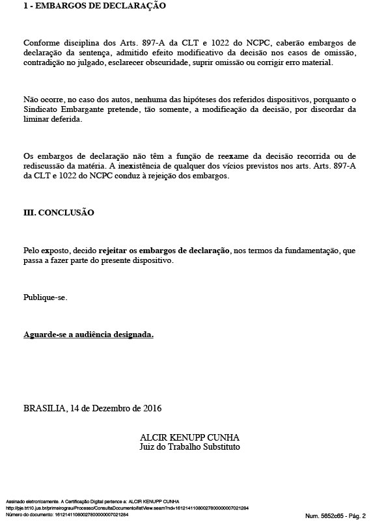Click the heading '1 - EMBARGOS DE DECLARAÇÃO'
[x=94, y=6]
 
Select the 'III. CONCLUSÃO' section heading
[x=59, y=212]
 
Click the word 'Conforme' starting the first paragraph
[x=40, y=42]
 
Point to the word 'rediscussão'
[x=45, y=166]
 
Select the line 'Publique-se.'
[x=45, y=297]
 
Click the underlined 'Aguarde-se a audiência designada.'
[x=89, y=335]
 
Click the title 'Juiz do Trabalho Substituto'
[x=189, y=447]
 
